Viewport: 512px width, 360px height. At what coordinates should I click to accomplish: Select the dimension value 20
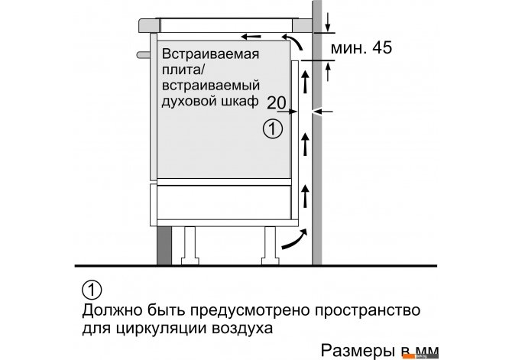click(x=276, y=102)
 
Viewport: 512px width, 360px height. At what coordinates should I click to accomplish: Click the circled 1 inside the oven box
click(x=273, y=128)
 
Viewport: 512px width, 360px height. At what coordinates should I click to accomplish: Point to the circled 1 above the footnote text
click(x=92, y=290)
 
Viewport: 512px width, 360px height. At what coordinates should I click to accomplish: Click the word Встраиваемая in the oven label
click(x=211, y=54)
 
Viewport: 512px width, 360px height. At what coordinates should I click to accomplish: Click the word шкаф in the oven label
click(x=240, y=101)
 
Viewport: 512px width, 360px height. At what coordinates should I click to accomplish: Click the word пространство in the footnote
click(x=368, y=310)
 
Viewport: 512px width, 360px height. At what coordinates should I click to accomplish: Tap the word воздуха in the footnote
click(x=242, y=329)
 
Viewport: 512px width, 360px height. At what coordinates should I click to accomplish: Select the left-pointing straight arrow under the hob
click(x=251, y=36)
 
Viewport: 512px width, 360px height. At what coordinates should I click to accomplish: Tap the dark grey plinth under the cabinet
click(x=164, y=245)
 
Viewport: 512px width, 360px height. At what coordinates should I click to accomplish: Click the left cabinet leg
click(x=190, y=245)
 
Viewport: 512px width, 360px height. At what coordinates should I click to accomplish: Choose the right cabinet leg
click(x=271, y=245)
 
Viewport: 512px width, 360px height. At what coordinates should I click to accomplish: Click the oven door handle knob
click(x=144, y=55)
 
